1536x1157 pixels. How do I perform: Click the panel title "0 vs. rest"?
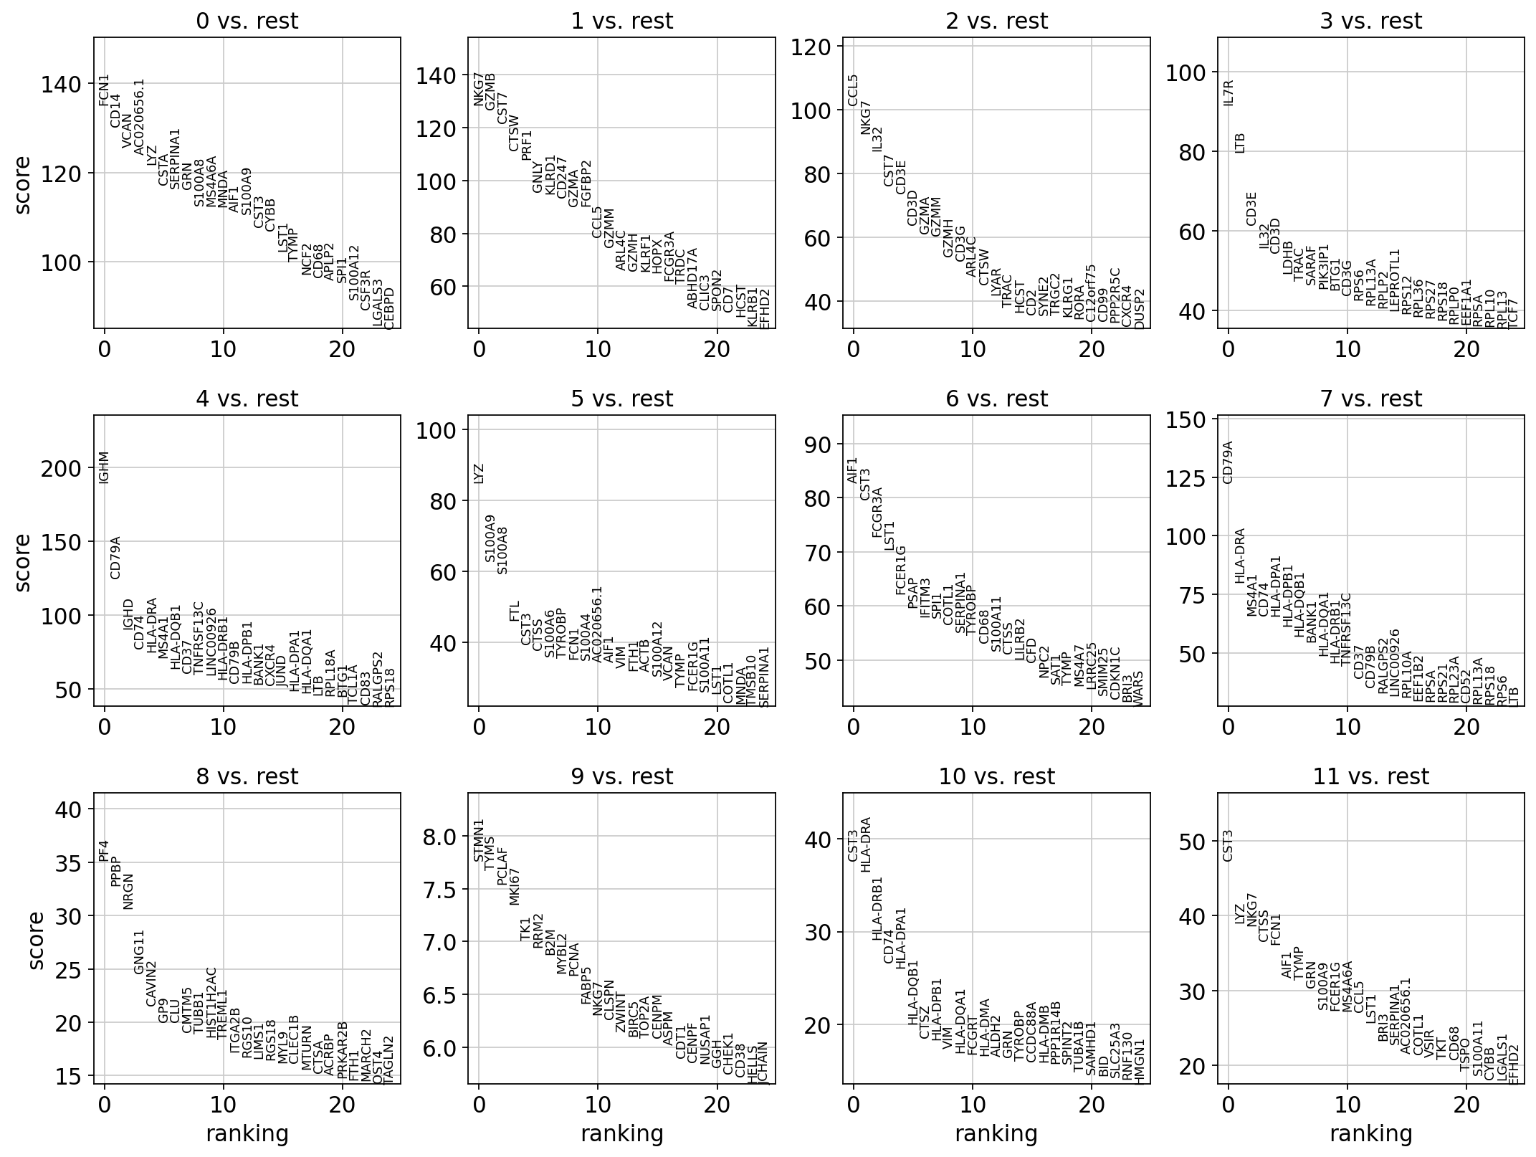click(x=247, y=22)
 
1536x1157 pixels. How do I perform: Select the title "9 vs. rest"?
click(x=621, y=776)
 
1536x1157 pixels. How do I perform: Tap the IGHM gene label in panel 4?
click(x=105, y=467)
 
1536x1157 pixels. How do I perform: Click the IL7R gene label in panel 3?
click(x=1229, y=92)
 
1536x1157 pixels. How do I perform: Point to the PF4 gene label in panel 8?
click(x=105, y=850)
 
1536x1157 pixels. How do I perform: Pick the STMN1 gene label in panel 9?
click(x=480, y=840)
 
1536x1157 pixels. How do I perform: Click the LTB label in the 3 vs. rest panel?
click(x=1241, y=143)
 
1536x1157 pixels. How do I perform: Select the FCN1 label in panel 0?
click(x=105, y=90)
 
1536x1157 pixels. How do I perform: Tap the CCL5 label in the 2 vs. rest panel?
click(x=853, y=90)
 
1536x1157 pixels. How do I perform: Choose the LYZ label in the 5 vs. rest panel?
click(x=480, y=473)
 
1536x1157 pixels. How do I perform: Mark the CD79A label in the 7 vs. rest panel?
click(x=1229, y=462)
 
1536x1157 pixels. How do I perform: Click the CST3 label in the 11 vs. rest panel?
click(x=1229, y=845)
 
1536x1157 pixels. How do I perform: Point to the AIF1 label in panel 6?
click(x=853, y=470)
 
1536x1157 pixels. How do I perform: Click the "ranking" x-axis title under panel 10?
click(x=996, y=1133)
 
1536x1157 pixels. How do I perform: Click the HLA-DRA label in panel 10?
click(x=866, y=844)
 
